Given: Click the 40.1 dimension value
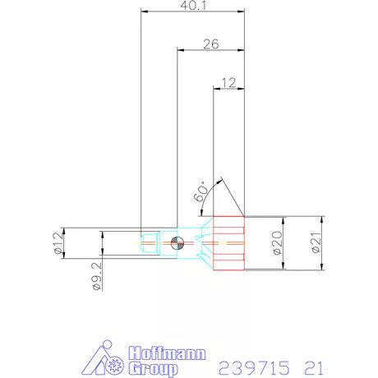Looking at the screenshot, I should (194, 6).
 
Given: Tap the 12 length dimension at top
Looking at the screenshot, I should (229, 82).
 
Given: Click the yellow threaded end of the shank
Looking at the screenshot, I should (150, 243).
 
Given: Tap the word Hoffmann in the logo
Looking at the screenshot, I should (153, 348).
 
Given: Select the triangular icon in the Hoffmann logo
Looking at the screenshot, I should (104, 358).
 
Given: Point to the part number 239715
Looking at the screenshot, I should (249, 365).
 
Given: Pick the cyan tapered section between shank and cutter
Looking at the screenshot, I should (197, 243).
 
